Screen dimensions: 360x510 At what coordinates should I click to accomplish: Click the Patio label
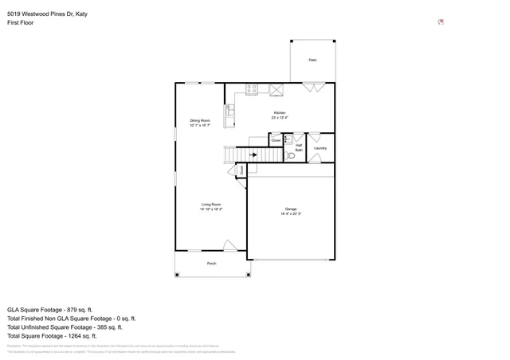pyautogui.click(x=313, y=60)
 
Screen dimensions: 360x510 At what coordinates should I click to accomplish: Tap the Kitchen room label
pyautogui.click(x=280, y=113)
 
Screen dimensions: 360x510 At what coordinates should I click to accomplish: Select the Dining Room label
pyautogui.click(x=199, y=120)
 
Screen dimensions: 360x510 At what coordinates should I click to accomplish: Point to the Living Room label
pyautogui.click(x=210, y=204)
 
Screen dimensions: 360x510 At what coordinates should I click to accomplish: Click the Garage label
pyautogui.click(x=291, y=209)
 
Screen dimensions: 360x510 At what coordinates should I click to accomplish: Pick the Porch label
pyautogui.click(x=212, y=263)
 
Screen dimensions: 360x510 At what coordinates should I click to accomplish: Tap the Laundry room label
pyautogui.click(x=320, y=147)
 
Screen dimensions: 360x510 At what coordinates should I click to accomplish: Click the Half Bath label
pyautogui.click(x=299, y=146)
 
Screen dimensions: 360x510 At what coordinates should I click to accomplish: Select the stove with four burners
pyautogui.click(x=252, y=89)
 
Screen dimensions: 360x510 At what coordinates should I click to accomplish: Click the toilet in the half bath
pyautogui.click(x=291, y=155)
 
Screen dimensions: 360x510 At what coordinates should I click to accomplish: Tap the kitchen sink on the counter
pyautogui.click(x=229, y=112)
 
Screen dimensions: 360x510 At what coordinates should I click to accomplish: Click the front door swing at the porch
pyautogui.click(x=229, y=247)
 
